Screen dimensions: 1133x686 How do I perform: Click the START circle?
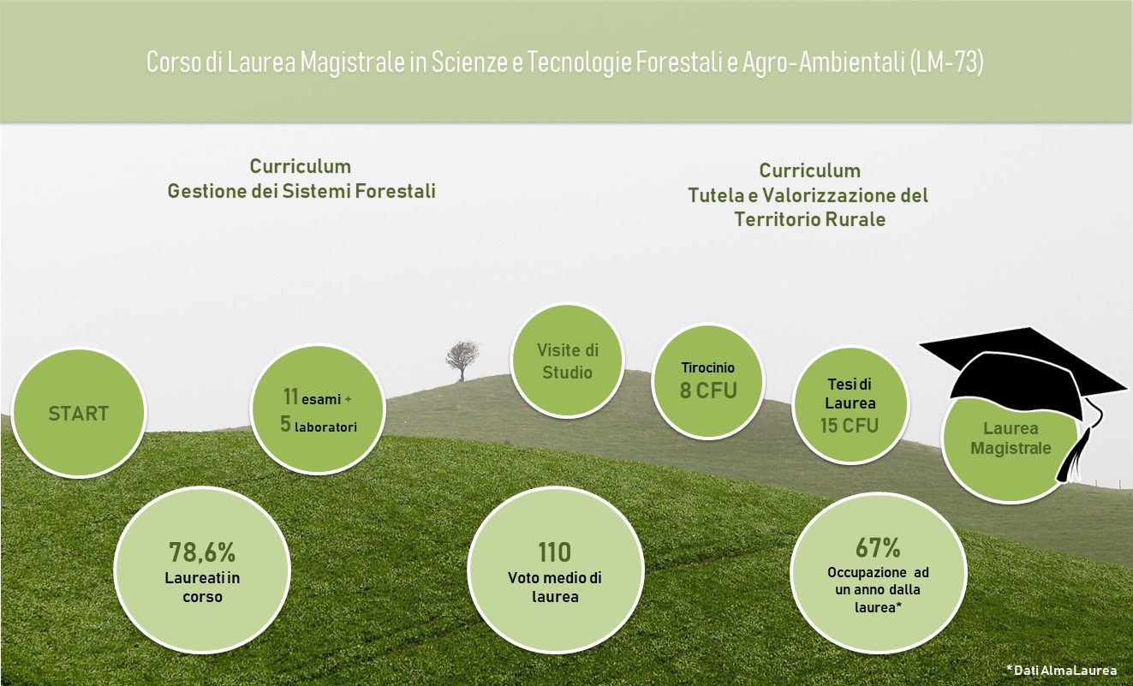point(79,413)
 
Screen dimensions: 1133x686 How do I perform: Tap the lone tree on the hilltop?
point(462,360)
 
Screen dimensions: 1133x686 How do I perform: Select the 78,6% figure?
point(202,552)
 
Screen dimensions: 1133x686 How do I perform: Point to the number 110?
point(554,552)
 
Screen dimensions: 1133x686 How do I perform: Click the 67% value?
point(878,547)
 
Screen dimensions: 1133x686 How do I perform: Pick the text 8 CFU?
point(708,390)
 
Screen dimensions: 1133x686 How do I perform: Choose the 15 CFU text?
point(850,426)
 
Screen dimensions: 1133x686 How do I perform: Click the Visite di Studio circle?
point(567,361)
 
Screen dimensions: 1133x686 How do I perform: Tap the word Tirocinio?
point(707,367)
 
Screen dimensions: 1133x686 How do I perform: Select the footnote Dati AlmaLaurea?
point(1062,671)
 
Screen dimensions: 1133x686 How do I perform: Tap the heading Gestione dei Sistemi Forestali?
point(301,191)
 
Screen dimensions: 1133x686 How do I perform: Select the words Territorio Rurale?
point(810,219)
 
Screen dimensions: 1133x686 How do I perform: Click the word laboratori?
point(325,427)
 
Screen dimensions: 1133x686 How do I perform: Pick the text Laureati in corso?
point(202,587)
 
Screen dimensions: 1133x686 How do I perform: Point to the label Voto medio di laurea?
point(555,587)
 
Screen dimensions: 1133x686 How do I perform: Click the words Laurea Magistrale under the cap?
point(1011,438)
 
